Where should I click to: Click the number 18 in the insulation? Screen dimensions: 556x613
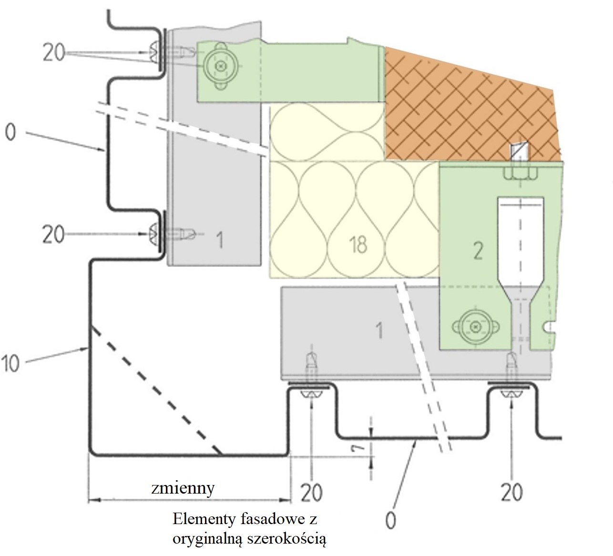(358, 244)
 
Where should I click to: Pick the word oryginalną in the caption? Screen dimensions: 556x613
(208, 539)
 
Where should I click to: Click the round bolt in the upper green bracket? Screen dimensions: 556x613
(219, 66)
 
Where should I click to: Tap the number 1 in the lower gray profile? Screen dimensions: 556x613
(379, 330)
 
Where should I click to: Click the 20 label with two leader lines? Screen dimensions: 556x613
(53, 52)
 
